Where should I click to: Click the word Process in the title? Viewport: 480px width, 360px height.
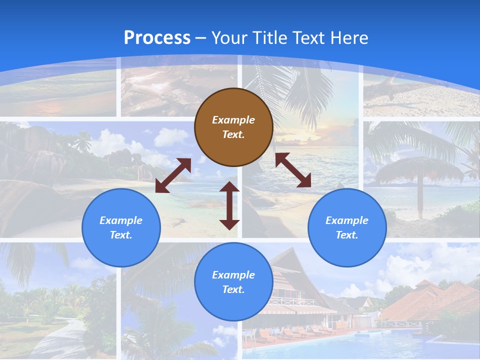pyautogui.click(x=157, y=38)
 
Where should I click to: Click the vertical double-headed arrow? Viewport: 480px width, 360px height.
pyautogui.click(x=229, y=205)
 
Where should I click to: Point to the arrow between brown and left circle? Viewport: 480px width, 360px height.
pyautogui.click(x=173, y=175)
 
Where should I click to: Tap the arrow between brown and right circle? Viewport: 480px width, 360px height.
pyautogui.click(x=293, y=170)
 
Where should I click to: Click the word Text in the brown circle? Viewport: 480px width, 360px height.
pyautogui.click(x=233, y=134)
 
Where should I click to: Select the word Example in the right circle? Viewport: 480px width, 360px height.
pyautogui.click(x=347, y=220)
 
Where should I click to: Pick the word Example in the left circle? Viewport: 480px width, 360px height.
pyautogui.click(x=121, y=220)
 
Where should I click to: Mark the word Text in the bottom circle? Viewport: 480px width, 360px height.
pyautogui.click(x=233, y=289)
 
